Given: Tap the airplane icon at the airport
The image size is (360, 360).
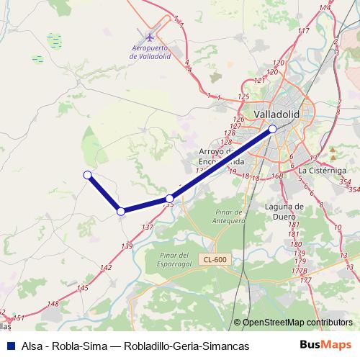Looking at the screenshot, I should pos(149,37).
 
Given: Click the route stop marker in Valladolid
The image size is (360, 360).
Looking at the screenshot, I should pos(272,129).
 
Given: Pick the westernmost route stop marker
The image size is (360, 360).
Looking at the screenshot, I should pos(87,174).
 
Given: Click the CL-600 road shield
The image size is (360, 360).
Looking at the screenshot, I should pos(215,259).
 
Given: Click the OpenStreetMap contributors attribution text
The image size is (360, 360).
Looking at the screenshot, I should pos(298,323).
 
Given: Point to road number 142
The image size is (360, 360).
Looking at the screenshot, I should pos(106,268).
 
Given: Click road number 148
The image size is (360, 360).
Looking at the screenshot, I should pos(53,304).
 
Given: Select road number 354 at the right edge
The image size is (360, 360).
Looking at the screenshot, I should pos(353,189).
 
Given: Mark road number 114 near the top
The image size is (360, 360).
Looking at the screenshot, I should pos(325,7).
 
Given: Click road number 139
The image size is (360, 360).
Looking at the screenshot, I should pos(127,247).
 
